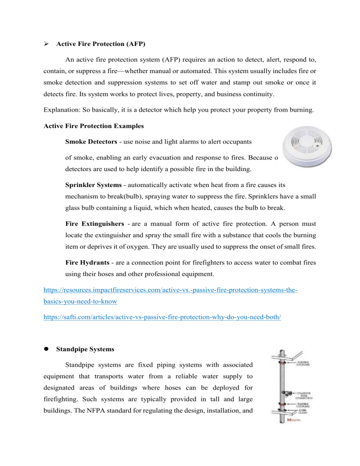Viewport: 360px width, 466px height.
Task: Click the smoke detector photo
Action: coord(312,148)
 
